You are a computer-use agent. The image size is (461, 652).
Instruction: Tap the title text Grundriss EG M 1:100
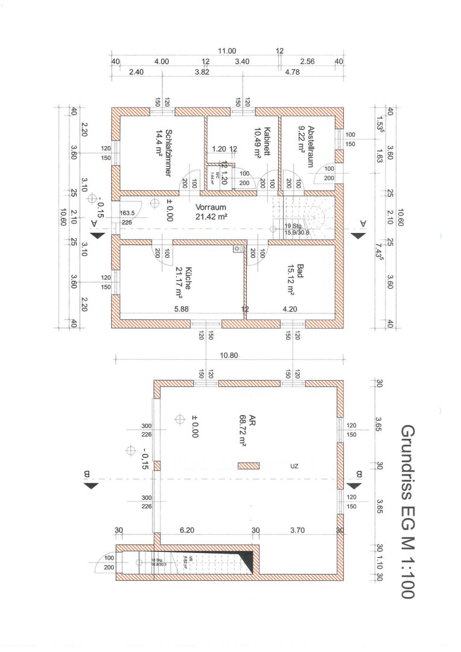[x=409, y=511]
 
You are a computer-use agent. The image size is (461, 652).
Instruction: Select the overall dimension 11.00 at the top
[x=227, y=51]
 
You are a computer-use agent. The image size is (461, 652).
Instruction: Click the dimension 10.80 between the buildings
[x=227, y=356]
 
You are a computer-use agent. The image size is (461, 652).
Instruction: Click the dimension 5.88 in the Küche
[x=181, y=308]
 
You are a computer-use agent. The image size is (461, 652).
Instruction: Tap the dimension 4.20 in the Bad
[x=290, y=308]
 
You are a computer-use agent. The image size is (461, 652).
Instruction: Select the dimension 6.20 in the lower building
[x=188, y=530]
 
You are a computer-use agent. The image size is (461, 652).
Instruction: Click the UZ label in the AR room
[x=294, y=466]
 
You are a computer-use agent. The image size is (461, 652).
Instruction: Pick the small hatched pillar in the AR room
[x=249, y=465]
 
